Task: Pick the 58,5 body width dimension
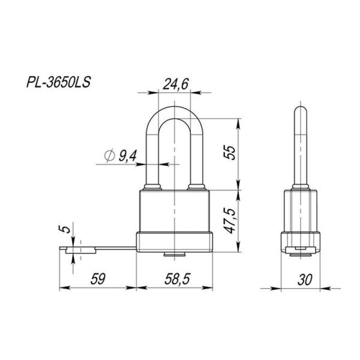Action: [x=176, y=278]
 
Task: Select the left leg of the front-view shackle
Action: [x=152, y=156]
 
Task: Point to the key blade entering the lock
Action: [x=114, y=247]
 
